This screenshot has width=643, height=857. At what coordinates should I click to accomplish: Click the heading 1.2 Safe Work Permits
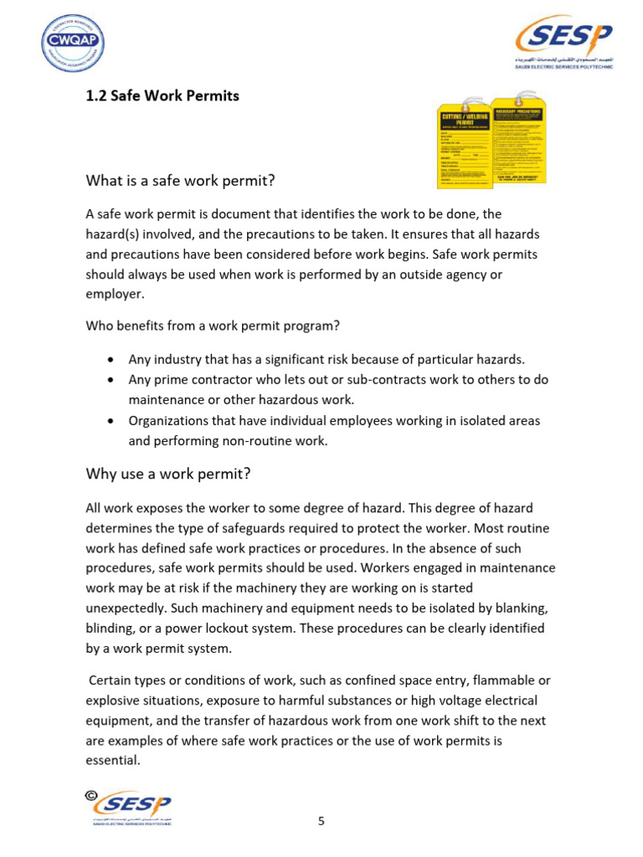(162, 96)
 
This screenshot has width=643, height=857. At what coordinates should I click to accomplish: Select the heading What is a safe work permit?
(180, 181)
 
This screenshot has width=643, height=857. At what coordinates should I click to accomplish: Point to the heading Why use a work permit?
(168, 474)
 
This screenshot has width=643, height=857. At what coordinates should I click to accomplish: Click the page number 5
(321, 821)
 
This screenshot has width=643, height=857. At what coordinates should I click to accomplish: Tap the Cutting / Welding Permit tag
(465, 147)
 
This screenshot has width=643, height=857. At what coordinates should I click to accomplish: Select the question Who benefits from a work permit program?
(213, 326)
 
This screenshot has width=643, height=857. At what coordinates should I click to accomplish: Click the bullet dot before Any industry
(112, 360)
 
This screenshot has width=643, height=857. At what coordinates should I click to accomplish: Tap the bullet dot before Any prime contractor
(112, 380)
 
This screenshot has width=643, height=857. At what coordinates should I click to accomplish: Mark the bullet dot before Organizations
(112, 421)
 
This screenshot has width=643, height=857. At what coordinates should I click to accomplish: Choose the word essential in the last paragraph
(112, 761)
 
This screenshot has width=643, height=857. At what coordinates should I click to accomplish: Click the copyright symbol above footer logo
(90, 794)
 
